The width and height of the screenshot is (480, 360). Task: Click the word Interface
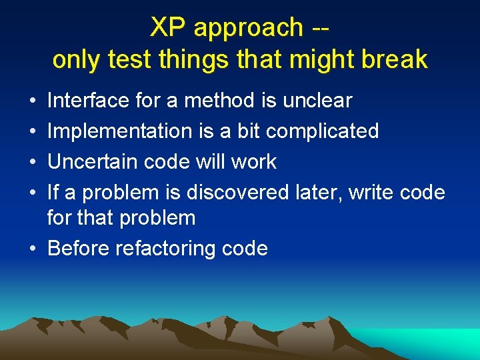pos(89,101)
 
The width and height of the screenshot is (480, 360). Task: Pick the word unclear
pos(317,101)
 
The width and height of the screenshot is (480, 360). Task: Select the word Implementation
pos(121,131)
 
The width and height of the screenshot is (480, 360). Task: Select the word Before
pos(79,249)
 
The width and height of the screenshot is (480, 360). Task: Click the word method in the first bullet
pos(217,101)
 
